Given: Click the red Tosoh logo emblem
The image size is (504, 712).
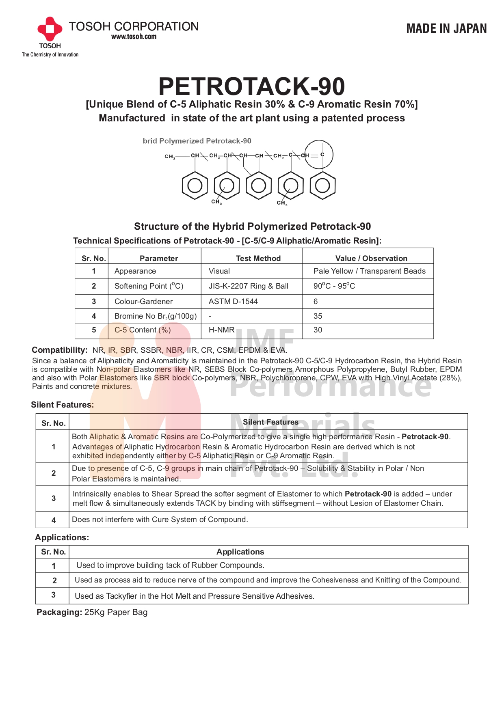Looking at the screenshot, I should point(50,29).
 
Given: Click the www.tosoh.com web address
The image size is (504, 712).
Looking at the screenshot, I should point(134,37).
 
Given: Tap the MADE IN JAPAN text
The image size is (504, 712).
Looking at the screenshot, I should point(446,28).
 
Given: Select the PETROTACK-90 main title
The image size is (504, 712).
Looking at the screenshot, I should point(251,86).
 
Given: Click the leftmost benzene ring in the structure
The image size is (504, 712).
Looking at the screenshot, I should point(195,186).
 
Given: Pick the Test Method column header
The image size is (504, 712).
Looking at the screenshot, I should point(258,258).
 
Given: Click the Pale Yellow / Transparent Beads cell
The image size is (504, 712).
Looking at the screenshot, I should point(369,271).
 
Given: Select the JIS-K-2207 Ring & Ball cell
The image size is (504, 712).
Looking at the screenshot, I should point(248,286).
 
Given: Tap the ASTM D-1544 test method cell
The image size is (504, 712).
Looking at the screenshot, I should point(233,302).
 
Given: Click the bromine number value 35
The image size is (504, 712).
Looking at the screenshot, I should point(318,316).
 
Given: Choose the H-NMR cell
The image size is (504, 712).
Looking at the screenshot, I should point(221,330).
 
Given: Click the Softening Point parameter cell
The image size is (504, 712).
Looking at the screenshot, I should point(149,286).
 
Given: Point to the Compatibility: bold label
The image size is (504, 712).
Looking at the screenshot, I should point(59,350).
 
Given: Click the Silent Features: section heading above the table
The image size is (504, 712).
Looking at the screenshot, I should point(62,405).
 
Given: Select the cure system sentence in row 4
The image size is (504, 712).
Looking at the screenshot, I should point(160,520).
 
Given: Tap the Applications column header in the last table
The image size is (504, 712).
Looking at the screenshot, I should point(240,552).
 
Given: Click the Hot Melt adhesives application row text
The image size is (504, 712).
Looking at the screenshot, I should point(195,596).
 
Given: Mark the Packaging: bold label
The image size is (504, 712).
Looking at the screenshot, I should point(59,612).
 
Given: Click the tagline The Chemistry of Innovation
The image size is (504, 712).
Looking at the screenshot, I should point(50,55).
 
